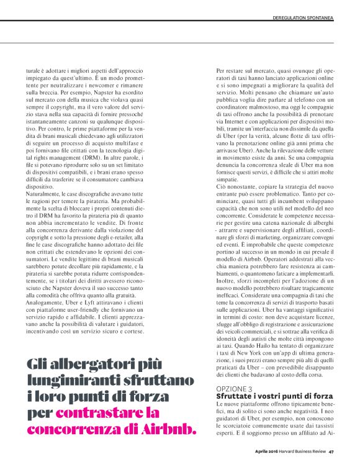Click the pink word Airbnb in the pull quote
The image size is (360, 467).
pyautogui.click(x=167, y=428)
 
